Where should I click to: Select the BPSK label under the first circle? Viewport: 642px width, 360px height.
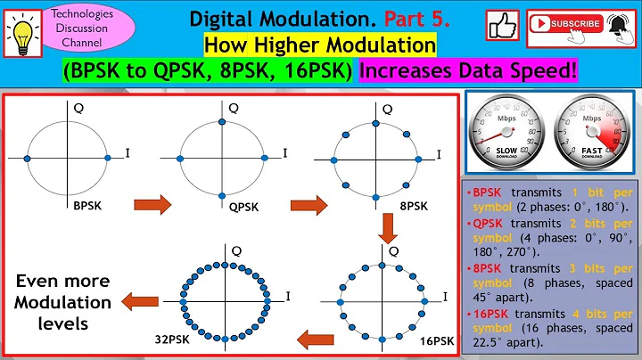pos(89,206)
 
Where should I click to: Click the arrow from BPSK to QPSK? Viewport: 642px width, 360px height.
pos(152,206)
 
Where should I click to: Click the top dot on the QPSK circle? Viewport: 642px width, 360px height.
pos(224,120)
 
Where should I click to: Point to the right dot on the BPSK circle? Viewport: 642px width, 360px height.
pos(107,158)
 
